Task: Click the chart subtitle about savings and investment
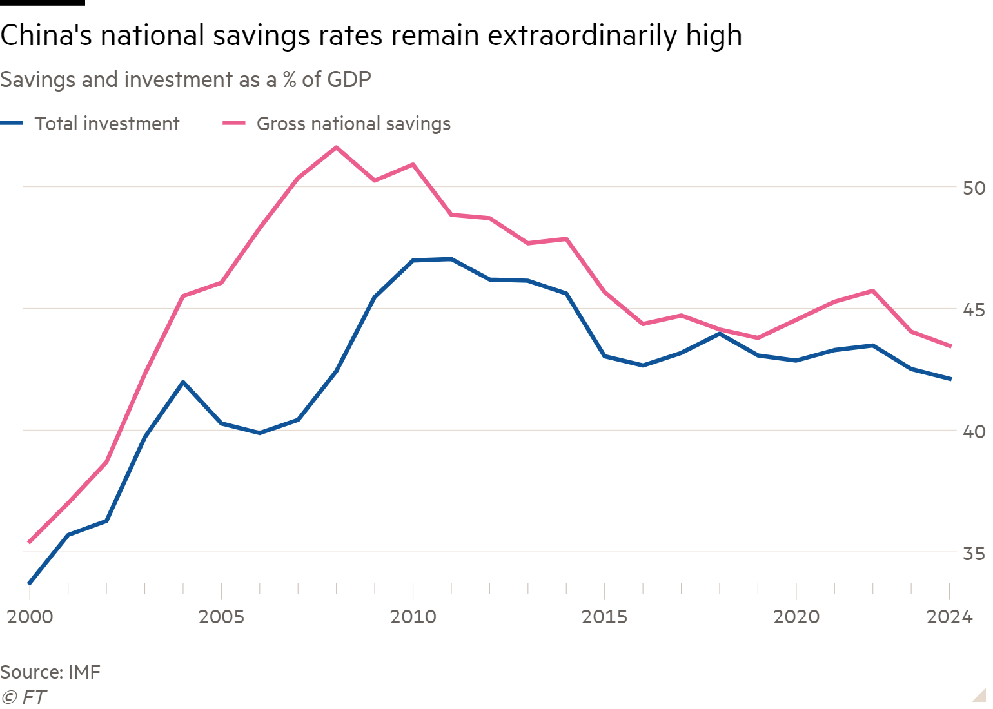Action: tap(186, 80)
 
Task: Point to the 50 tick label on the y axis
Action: tap(974, 188)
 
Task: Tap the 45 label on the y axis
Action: tap(974, 310)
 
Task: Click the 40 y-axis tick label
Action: tap(974, 431)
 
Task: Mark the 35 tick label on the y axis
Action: tap(974, 554)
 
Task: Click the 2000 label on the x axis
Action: tap(30, 617)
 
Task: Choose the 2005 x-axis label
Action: tap(221, 617)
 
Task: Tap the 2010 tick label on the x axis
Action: tap(413, 617)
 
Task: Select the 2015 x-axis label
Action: tap(604, 617)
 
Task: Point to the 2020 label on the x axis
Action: tap(796, 617)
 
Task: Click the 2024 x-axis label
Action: tap(949, 617)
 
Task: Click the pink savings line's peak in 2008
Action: tap(336, 147)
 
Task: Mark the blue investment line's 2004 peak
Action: tap(183, 382)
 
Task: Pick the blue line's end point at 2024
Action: tap(950, 379)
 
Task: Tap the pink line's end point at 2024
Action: tap(950, 346)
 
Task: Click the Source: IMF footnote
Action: tap(50, 672)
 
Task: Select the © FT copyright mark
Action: tap(24, 697)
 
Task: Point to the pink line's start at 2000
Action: tap(29, 542)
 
